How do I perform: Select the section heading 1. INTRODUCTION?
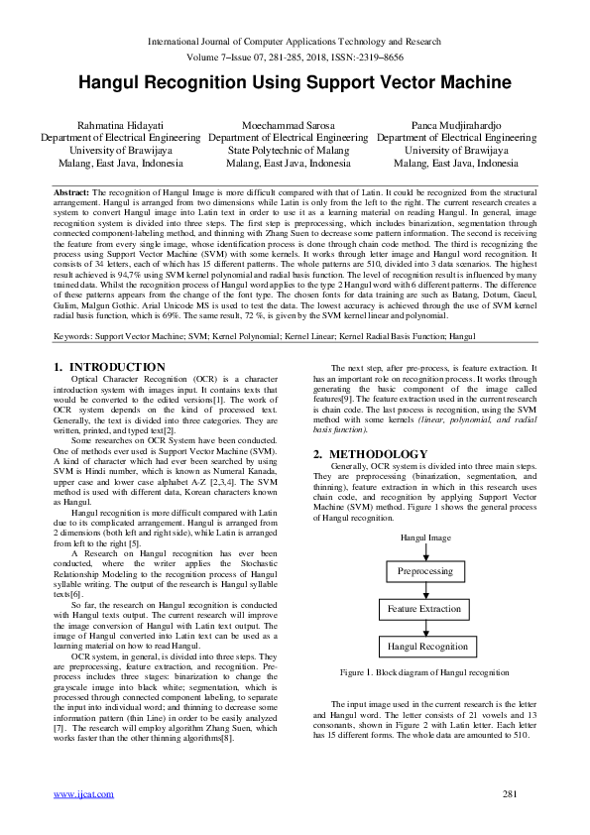109,368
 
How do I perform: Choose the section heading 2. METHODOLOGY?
371,454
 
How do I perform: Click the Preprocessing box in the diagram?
424,572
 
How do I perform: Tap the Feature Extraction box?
424,609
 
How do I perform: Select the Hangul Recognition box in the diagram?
427,646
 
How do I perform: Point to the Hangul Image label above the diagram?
425,537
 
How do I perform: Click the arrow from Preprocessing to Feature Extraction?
424,590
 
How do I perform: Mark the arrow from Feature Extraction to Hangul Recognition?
424,627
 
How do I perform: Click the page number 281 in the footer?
512,793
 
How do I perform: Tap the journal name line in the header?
295,42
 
